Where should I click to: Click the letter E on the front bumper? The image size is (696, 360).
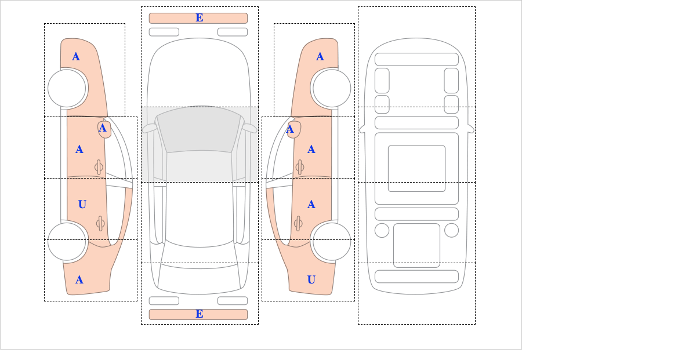[199, 18]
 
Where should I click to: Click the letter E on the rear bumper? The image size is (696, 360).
[199, 314]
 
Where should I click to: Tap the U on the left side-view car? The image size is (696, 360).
[82, 204]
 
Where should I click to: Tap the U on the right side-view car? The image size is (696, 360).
[311, 280]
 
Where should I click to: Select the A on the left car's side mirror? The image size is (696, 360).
[103, 128]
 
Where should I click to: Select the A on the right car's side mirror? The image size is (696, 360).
[290, 129]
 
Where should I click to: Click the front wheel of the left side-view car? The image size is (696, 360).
[67, 88]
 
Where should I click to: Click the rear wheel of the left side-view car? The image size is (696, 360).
[67, 242]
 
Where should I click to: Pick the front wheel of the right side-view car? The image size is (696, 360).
[331, 88]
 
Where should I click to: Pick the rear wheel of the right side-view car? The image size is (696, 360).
[331, 242]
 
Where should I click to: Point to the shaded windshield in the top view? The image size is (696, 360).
[199, 130]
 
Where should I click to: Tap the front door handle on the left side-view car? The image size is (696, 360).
[99, 167]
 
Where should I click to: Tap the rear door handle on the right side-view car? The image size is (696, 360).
[298, 223]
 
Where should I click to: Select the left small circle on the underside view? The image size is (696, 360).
[382, 230]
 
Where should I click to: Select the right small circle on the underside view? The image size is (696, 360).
[451, 230]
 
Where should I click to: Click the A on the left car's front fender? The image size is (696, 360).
[76, 56]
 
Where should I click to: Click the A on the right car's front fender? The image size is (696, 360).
[320, 56]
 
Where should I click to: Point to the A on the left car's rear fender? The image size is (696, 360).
[79, 280]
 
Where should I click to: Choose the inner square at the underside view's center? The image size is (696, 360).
[416, 168]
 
